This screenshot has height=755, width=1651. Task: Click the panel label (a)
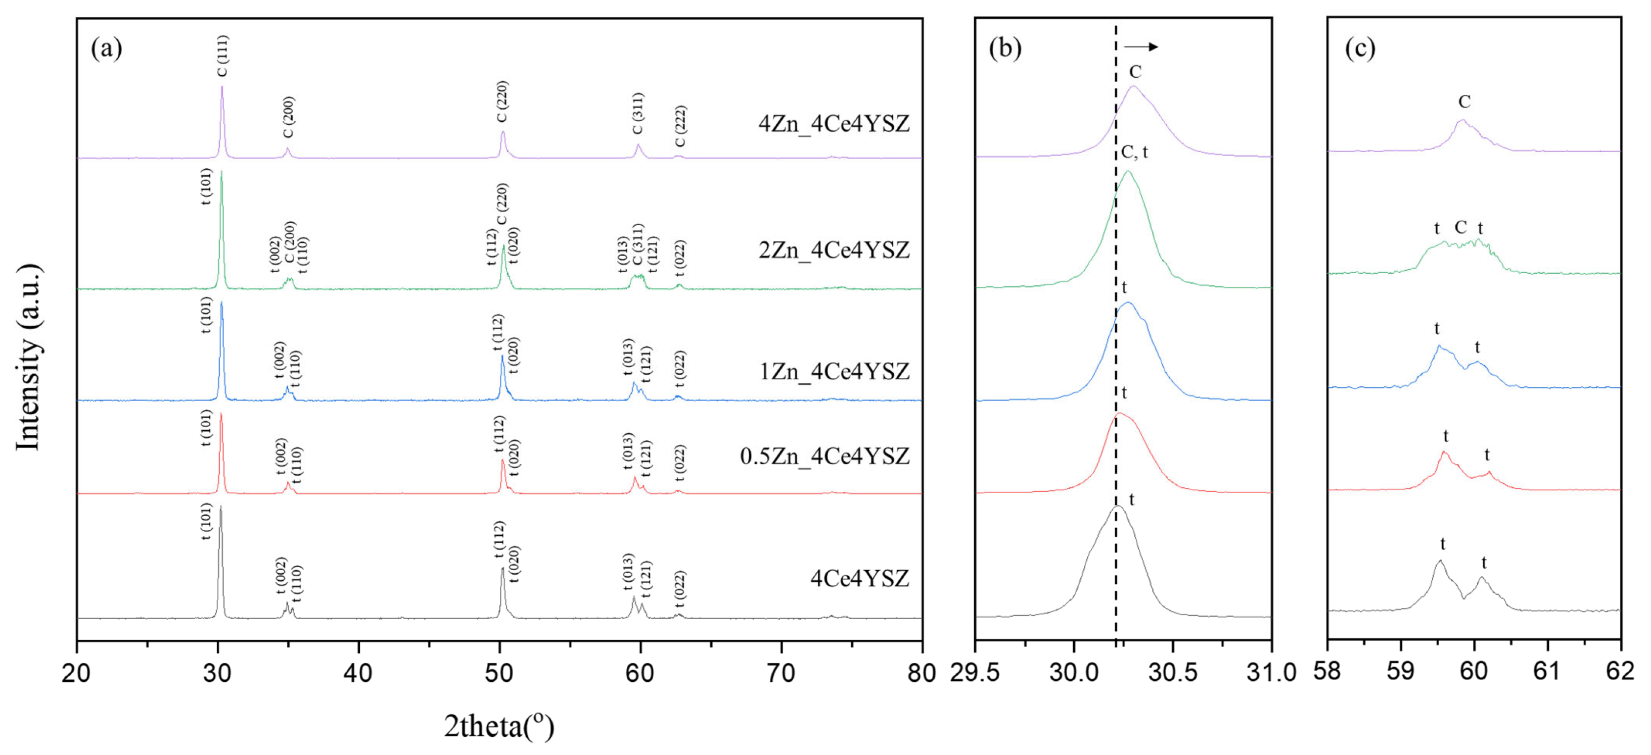coord(106,48)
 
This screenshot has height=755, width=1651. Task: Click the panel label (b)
coord(1005,48)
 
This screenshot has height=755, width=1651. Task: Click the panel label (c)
coord(1359,48)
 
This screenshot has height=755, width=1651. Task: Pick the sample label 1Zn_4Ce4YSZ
coord(834,371)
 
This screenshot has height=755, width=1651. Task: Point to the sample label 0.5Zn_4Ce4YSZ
coord(824,456)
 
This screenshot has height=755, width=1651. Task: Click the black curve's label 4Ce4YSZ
coord(859,578)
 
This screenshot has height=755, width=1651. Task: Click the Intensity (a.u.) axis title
coord(28,356)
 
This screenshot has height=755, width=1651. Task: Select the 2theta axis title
coord(498,726)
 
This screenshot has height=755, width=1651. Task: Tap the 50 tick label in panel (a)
coord(498,672)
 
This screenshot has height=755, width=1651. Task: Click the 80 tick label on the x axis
coord(922,672)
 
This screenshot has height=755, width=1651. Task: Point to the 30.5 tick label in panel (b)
coord(1173,672)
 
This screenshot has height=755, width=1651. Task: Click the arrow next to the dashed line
coord(1141,46)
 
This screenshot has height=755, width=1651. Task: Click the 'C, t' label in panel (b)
coord(1134,152)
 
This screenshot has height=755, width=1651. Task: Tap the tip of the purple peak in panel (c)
coord(1462,120)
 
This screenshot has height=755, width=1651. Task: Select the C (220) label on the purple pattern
coord(502,101)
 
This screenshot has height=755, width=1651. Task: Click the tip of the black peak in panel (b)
coord(1117,507)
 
